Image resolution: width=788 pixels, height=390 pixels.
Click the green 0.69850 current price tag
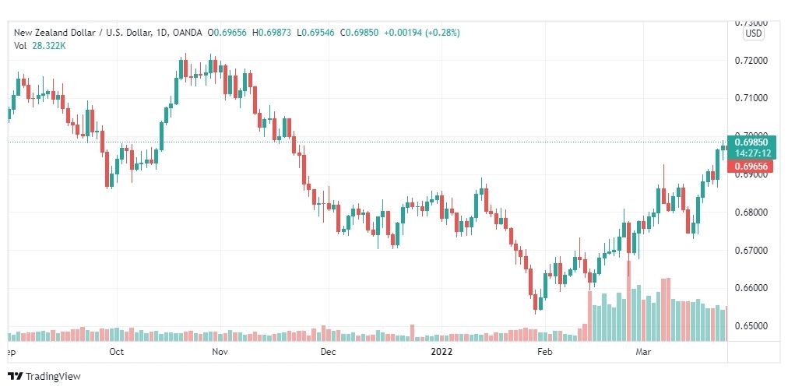[x=751, y=142]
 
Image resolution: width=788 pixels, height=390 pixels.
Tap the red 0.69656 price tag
[x=751, y=167]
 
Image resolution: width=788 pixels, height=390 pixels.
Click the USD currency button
[x=753, y=33]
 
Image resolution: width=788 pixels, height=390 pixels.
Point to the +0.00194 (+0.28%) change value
[x=427, y=33]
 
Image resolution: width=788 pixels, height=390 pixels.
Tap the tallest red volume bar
[x=628, y=300]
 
